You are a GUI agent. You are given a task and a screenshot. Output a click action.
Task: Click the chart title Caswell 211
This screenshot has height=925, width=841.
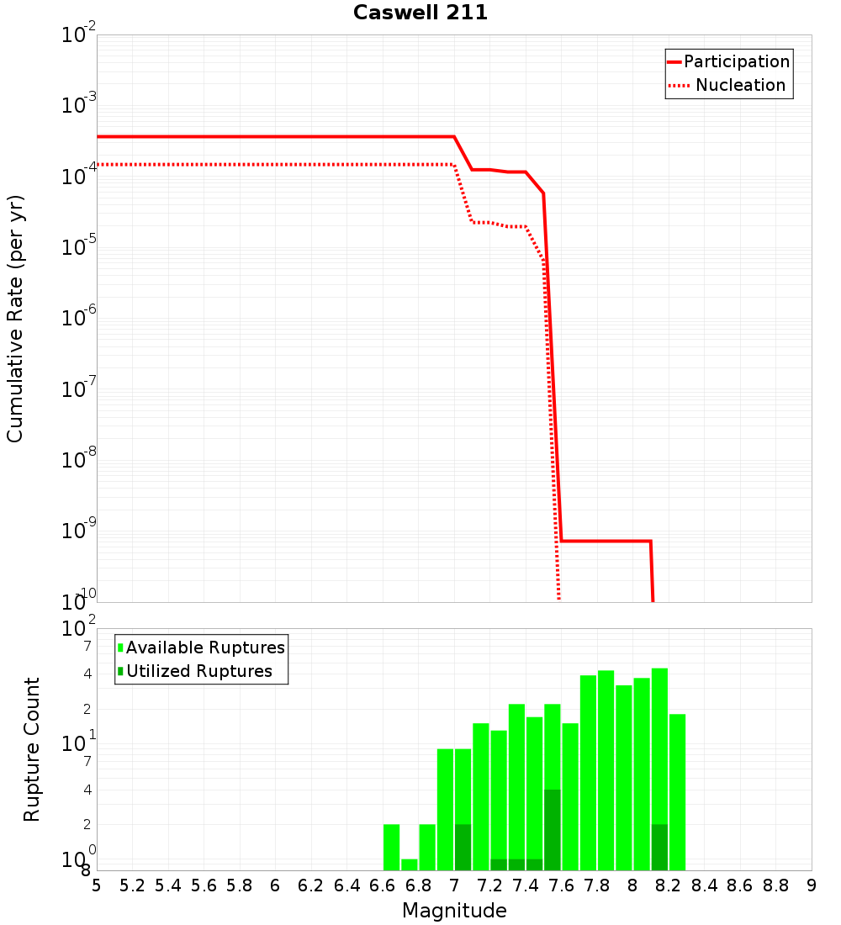point(420,13)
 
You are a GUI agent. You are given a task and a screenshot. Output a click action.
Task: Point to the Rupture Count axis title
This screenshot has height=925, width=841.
point(32,749)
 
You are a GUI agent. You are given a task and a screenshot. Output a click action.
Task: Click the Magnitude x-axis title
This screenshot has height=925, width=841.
point(454,911)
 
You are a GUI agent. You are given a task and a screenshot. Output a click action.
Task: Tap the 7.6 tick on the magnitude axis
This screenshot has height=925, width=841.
point(561,885)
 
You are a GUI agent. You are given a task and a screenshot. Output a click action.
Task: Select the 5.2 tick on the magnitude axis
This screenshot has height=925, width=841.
point(132,885)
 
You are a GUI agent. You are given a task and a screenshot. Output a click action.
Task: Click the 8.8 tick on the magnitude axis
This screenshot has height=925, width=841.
point(775,885)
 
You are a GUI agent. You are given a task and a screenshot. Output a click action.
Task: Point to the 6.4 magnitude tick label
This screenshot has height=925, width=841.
point(346,885)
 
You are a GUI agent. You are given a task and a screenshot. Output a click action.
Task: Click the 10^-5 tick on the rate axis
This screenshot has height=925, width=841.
point(81,247)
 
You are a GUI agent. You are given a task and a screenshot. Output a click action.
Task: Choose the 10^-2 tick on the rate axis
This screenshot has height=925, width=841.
point(81,35)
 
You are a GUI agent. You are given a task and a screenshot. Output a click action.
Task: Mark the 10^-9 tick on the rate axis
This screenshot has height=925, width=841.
point(81,531)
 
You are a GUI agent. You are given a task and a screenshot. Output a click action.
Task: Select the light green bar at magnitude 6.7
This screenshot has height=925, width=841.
point(410,864)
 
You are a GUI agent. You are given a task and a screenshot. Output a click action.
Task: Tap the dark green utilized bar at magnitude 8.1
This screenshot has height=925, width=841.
point(659,848)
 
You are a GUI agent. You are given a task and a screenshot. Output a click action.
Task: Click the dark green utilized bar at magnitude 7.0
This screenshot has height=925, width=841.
point(463,848)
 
